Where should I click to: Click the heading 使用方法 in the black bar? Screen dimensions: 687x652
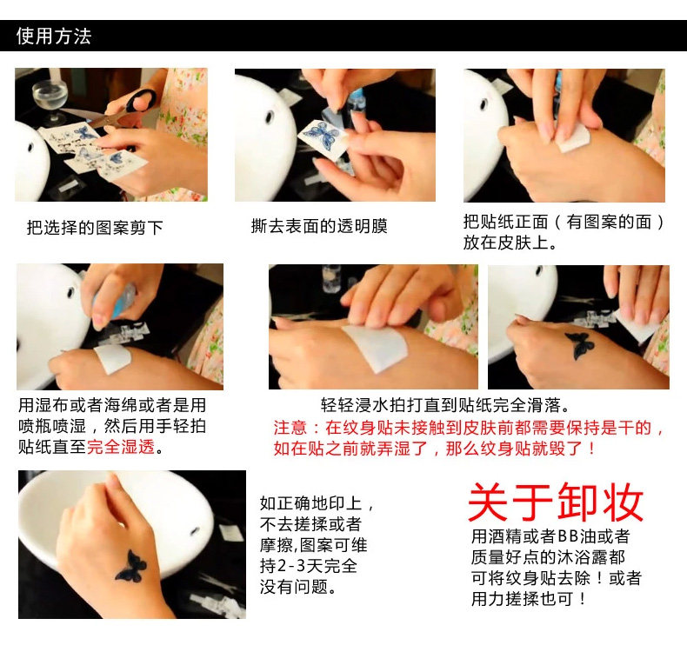tap(54, 36)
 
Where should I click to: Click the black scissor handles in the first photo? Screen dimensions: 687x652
tap(140, 101)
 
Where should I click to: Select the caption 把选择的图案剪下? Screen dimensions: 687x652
tap(95, 227)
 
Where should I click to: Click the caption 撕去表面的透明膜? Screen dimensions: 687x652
tap(319, 226)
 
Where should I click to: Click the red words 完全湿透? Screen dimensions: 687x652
tap(121, 447)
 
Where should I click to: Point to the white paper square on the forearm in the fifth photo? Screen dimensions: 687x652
tap(377, 347)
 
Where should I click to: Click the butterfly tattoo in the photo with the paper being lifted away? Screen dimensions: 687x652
tap(581, 344)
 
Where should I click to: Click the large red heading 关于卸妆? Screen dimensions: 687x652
tap(556, 502)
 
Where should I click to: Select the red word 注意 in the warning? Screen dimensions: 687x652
tap(290, 428)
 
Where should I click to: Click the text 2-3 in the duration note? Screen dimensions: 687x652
tap(291, 566)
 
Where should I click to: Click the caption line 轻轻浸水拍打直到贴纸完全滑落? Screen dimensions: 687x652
tap(444, 405)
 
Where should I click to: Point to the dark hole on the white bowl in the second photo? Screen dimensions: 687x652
tap(270, 116)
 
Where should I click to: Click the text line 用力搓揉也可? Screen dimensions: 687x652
tap(528, 598)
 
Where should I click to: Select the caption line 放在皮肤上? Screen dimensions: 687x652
tap(510, 243)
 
